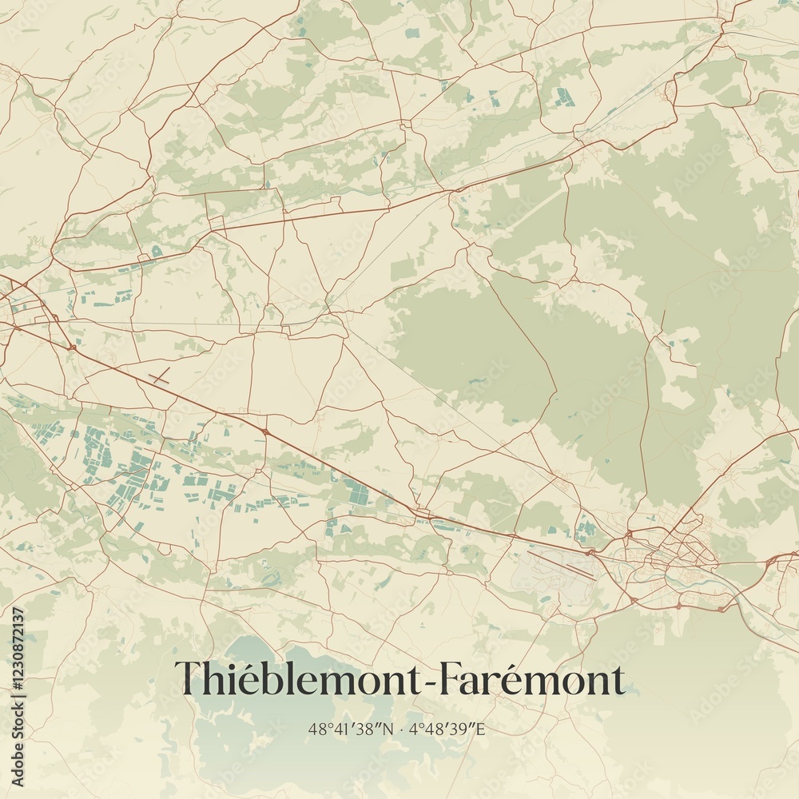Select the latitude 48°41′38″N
click(348, 729)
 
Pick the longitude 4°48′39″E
click(449, 729)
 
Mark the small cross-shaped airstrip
click(160, 377)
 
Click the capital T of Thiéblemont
click(189, 680)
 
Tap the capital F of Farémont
click(431, 680)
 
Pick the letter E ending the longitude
click(482, 729)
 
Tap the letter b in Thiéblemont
click(268, 680)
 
